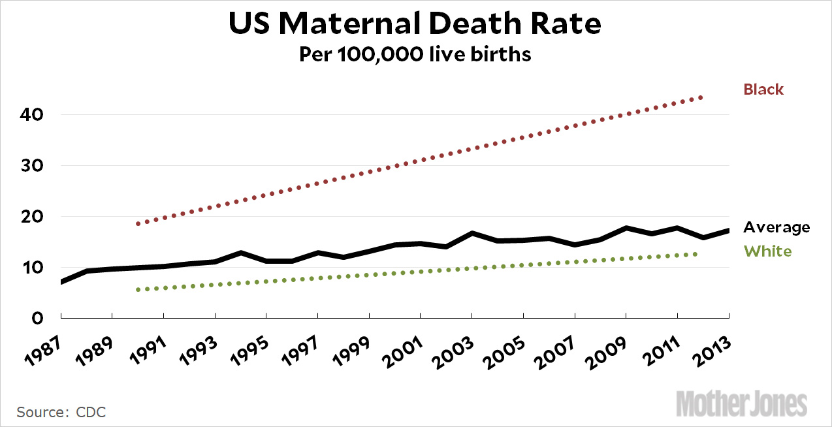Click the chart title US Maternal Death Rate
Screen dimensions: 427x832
(415, 24)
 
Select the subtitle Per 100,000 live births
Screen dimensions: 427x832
(415, 54)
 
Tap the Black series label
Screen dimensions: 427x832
(763, 89)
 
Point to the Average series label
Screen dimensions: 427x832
(776, 227)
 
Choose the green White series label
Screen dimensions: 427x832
(767, 251)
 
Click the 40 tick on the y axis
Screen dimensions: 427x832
(32, 115)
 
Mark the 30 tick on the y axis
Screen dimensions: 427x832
(32, 166)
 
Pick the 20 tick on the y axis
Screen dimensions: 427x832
(32, 217)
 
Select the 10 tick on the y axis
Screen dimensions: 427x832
(32, 268)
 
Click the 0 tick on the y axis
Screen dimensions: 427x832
(38, 318)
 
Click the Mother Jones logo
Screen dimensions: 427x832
(742, 403)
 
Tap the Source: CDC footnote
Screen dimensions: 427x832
(61, 412)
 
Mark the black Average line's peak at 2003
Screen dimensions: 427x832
(472, 233)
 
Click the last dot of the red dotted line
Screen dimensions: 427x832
(701, 97)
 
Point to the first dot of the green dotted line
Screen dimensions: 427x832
(138, 289)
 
